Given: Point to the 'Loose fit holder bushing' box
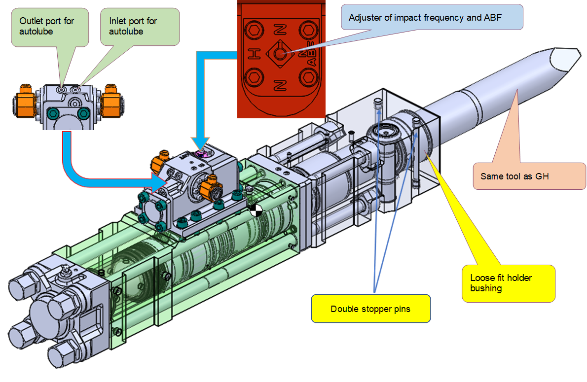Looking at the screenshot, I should click(x=508, y=283).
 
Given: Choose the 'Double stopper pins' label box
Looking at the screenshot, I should click(x=370, y=309).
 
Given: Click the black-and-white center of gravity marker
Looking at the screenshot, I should click(x=256, y=210).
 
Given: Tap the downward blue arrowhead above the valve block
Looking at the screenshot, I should click(x=202, y=143).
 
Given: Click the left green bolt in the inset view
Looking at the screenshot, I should click(x=53, y=114).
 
